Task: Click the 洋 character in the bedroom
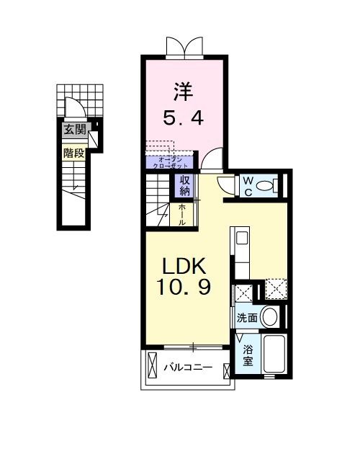pos(181,93)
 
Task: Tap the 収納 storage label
pos(185,186)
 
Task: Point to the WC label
pos(246,186)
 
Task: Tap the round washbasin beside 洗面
pos(270,316)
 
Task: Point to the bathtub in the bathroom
pos(274,355)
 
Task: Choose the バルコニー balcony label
pos(187,368)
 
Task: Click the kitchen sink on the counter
pos(242,238)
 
